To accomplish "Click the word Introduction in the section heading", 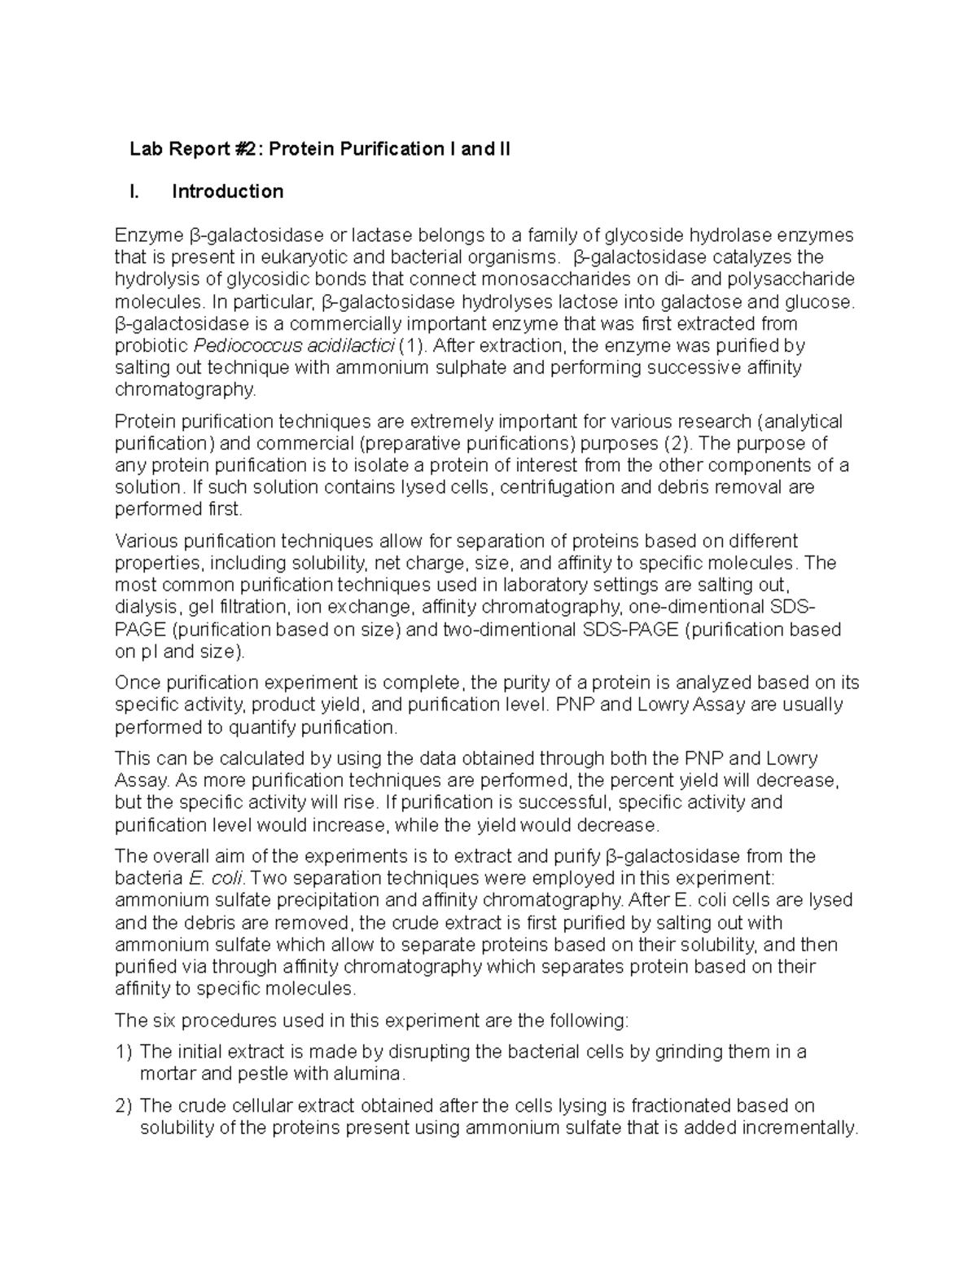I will point(227,191).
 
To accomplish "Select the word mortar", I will point(168,1074).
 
